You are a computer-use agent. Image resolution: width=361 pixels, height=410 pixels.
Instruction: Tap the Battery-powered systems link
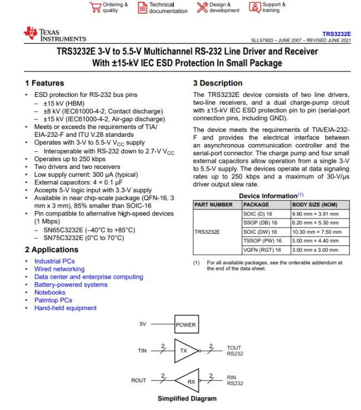point(71,285)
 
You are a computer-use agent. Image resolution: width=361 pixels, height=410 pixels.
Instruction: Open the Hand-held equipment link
point(65,308)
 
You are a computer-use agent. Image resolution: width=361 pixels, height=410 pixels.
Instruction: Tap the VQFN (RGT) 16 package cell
point(264,251)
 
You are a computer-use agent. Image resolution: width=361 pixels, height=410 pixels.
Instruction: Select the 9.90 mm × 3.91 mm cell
point(315,213)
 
